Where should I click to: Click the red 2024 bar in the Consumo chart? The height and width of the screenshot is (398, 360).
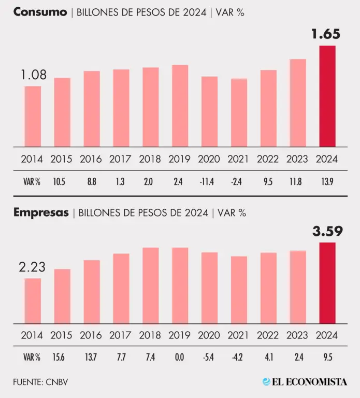tap(327, 96)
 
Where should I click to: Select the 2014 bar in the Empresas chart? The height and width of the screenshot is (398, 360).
tap(33, 301)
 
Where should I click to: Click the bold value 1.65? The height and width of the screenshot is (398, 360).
tap(326, 34)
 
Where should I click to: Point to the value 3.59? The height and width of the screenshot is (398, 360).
tap(327, 231)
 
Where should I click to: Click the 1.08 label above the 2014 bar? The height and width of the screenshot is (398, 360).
tap(33, 76)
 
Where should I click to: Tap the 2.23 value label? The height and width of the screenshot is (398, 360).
tap(32, 267)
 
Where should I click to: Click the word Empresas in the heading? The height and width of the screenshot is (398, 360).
tap(41, 212)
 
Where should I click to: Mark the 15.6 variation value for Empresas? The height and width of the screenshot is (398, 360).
tap(62, 357)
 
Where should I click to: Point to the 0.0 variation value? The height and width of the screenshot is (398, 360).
tap(180, 357)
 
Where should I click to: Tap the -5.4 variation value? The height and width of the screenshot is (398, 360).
tap(210, 357)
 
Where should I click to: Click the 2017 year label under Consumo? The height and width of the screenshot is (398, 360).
tap(121, 159)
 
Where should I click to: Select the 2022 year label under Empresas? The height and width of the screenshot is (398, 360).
tap(268, 335)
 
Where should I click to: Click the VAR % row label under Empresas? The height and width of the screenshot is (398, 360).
tap(32, 357)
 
